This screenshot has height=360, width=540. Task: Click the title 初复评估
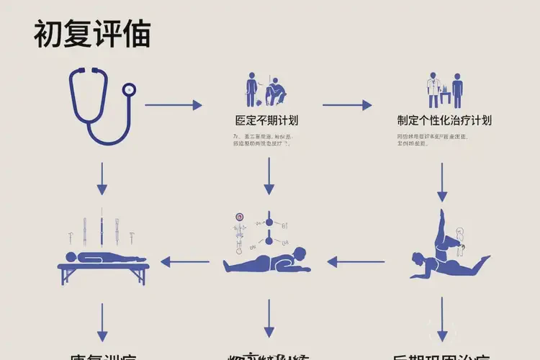pyautogui.click(x=91, y=35)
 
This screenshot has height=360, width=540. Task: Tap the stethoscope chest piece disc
pyautogui.click(x=129, y=89)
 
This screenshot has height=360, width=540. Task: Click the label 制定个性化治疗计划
pyautogui.click(x=444, y=120)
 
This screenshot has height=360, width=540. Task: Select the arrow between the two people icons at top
pyautogui.click(x=347, y=105)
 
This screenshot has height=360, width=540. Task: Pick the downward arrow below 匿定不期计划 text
pyautogui.click(x=269, y=176)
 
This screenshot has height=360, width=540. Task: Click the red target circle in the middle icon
pyautogui.click(x=240, y=217)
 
